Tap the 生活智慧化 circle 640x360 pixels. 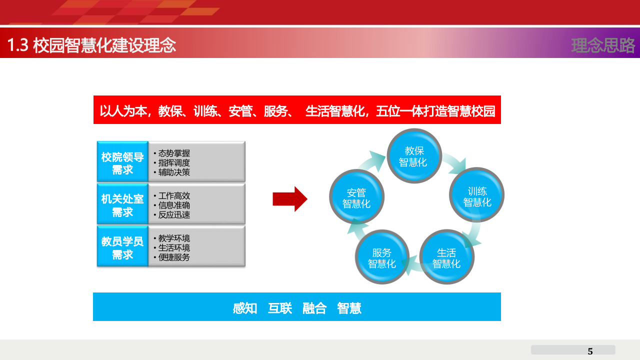(x=446, y=258)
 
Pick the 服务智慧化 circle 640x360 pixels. (x=382, y=258)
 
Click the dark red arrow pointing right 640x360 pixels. (x=289, y=199)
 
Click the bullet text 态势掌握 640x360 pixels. (x=174, y=153)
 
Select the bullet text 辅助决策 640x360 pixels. (x=174, y=172)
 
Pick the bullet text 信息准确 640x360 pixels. (x=174, y=205)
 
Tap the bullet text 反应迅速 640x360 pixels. (x=174, y=215)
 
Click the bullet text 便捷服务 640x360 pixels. (x=174, y=257)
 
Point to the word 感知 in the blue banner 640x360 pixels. (x=245, y=308)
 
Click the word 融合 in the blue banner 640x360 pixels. (x=314, y=308)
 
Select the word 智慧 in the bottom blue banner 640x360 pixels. (x=349, y=308)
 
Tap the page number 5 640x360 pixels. (x=590, y=351)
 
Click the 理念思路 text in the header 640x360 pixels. (x=603, y=45)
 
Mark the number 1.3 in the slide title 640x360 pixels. (x=17, y=45)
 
